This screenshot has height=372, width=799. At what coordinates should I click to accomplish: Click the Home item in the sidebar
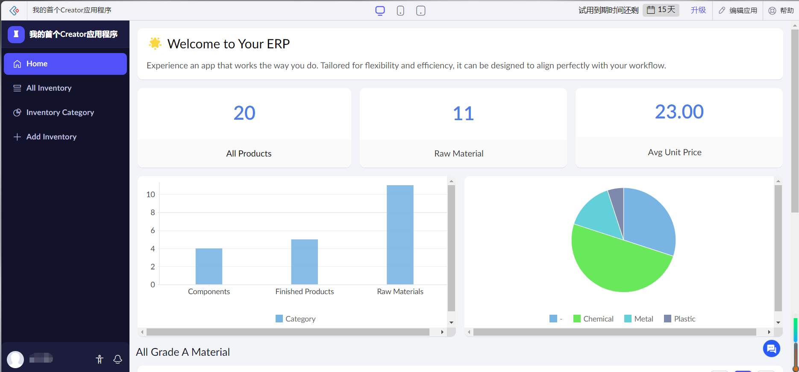(x=65, y=64)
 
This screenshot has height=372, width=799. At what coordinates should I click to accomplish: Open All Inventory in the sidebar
(x=49, y=88)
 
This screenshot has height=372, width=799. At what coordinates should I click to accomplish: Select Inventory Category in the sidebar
(x=60, y=112)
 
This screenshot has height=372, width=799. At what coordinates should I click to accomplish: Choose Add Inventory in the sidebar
(x=51, y=137)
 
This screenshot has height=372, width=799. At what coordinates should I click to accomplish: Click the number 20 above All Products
(x=244, y=113)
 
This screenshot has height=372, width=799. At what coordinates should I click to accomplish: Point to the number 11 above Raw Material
(x=463, y=114)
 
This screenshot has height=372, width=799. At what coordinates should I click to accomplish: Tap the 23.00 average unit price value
(x=679, y=112)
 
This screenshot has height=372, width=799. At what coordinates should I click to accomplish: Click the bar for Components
(x=209, y=266)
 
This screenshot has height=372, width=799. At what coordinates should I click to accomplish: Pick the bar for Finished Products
(x=304, y=262)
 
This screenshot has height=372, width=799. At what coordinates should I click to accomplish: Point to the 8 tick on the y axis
(x=153, y=213)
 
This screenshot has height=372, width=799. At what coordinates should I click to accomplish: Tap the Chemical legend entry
(x=593, y=319)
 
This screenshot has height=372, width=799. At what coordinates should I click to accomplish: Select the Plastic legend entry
(x=680, y=319)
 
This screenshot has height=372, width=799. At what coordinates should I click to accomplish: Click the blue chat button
(x=771, y=348)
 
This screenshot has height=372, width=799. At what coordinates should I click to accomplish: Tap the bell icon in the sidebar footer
(x=118, y=359)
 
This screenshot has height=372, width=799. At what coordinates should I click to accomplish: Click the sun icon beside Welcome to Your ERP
(x=155, y=44)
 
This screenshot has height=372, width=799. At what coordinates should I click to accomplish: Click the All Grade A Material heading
(x=183, y=352)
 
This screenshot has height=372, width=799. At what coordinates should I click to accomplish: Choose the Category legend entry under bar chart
(x=296, y=319)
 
